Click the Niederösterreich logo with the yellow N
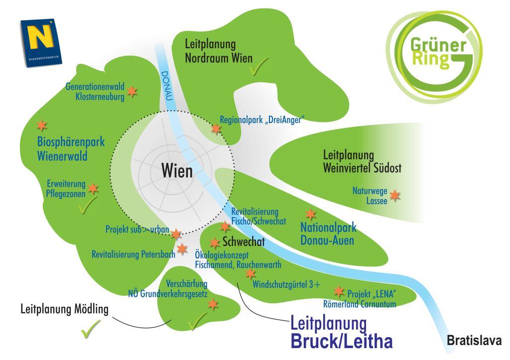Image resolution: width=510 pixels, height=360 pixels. pyautogui.click(x=41, y=42)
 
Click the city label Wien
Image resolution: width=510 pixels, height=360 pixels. pyautogui.click(x=177, y=170)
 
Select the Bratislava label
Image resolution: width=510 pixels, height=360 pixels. pyautogui.click(x=474, y=341)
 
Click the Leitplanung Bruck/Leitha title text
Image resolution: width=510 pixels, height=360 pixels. pyautogui.click(x=341, y=332)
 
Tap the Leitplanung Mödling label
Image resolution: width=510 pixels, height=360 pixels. pyautogui.click(x=64, y=309)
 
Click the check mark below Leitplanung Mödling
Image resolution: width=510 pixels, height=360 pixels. pyautogui.click(x=91, y=329)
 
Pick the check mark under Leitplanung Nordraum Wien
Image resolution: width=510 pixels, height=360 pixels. pyautogui.click(x=258, y=66)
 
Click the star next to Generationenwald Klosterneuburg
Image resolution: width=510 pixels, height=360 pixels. pyautogui.click(x=132, y=92)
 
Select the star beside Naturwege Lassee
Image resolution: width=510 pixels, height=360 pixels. pyautogui.click(x=395, y=196)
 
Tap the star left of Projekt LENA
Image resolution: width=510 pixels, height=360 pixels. pyautogui.click(x=339, y=291)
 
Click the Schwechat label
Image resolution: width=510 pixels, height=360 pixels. pyautogui.click(x=244, y=241)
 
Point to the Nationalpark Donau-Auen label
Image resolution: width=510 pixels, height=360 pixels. pyautogui.click(x=328, y=234)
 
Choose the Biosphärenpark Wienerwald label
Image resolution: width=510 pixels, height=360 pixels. pyautogui.click(x=71, y=148)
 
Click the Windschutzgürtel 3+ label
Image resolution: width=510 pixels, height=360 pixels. pyautogui.click(x=286, y=284)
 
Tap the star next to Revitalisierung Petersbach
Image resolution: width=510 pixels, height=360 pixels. pyautogui.click(x=182, y=249)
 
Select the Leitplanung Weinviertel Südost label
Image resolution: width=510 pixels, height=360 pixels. pyautogui.click(x=362, y=161)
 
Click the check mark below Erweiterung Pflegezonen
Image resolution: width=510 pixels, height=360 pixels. pyautogui.click(x=88, y=205)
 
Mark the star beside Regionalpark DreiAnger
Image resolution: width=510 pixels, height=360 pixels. pyautogui.click(x=216, y=129)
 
